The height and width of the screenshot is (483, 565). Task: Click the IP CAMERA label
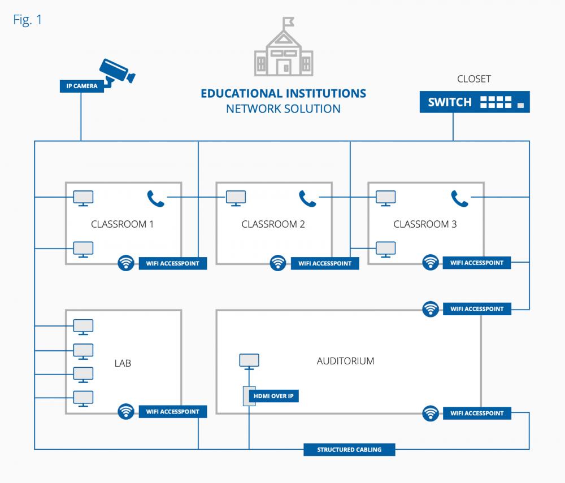tap(81, 86)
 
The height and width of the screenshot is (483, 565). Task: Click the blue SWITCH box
tap(475, 102)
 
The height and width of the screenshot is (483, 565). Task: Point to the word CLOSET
tap(474, 79)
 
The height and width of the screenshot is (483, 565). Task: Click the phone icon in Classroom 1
tap(155, 198)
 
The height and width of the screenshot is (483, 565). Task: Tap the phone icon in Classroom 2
tap(307, 198)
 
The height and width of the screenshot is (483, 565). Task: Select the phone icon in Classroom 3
tap(459, 198)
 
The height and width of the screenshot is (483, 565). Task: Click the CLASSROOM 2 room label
tap(273, 224)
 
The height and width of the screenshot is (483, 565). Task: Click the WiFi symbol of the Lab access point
tap(126, 411)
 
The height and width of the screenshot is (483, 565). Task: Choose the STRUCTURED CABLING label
tap(349, 450)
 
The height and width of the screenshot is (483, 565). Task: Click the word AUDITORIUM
tap(345, 361)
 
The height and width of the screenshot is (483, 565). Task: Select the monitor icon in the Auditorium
tap(249, 360)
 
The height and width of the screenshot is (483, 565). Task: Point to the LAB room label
tap(123, 363)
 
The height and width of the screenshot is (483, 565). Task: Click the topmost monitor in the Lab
tap(84, 327)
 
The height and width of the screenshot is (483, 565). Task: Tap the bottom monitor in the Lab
tap(84, 398)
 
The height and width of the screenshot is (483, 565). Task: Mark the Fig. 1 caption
tap(27, 20)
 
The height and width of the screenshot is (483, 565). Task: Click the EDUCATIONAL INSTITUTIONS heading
tap(283, 93)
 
